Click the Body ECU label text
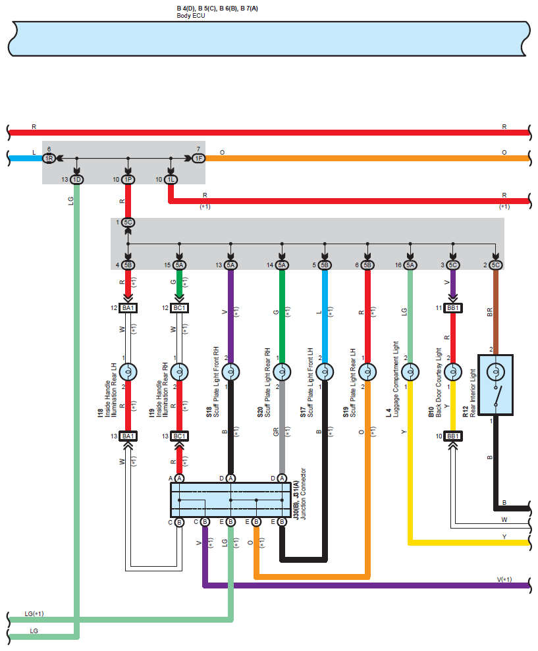coord(191,16)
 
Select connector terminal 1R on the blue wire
coord(49,158)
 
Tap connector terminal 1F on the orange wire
coord(199,158)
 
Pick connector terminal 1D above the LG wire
coord(76,179)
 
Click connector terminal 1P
coord(128,179)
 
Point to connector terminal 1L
coord(171,179)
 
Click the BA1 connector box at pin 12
coord(128,308)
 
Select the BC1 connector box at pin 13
coord(179,436)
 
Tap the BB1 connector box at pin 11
coord(453,308)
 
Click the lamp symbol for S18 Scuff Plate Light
coord(230,372)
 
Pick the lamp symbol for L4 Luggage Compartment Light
coord(410,372)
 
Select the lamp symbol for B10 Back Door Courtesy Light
coord(453,372)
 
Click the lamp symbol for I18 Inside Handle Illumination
coord(128,372)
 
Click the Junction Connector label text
coord(304,494)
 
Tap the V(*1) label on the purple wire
coord(504,580)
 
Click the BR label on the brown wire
coord(489,312)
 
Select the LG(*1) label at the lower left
coord(34,613)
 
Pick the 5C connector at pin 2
coord(496,265)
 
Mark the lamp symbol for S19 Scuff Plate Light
coord(367,372)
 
